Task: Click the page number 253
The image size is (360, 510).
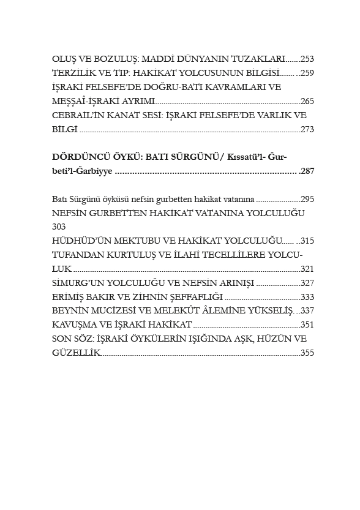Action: pyautogui.click(x=307, y=59)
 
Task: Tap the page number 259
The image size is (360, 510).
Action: pyautogui.click(x=307, y=73)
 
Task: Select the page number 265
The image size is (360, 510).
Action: pyautogui.click(x=307, y=101)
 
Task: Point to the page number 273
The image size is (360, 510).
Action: pyautogui.click(x=307, y=129)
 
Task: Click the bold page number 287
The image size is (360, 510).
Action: pyautogui.click(x=307, y=171)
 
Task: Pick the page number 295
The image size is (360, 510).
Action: pyautogui.click(x=307, y=199)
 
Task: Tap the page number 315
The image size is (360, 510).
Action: pyautogui.click(x=307, y=241)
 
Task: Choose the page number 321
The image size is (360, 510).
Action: pyautogui.click(x=307, y=269)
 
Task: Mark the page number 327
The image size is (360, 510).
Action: pyautogui.click(x=307, y=283)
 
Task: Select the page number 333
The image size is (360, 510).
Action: pyautogui.click(x=307, y=296)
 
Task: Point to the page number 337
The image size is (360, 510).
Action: pyautogui.click(x=307, y=310)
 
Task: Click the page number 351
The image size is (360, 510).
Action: pyautogui.click(x=307, y=324)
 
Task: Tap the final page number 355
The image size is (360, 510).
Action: pyautogui.click(x=307, y=353)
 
